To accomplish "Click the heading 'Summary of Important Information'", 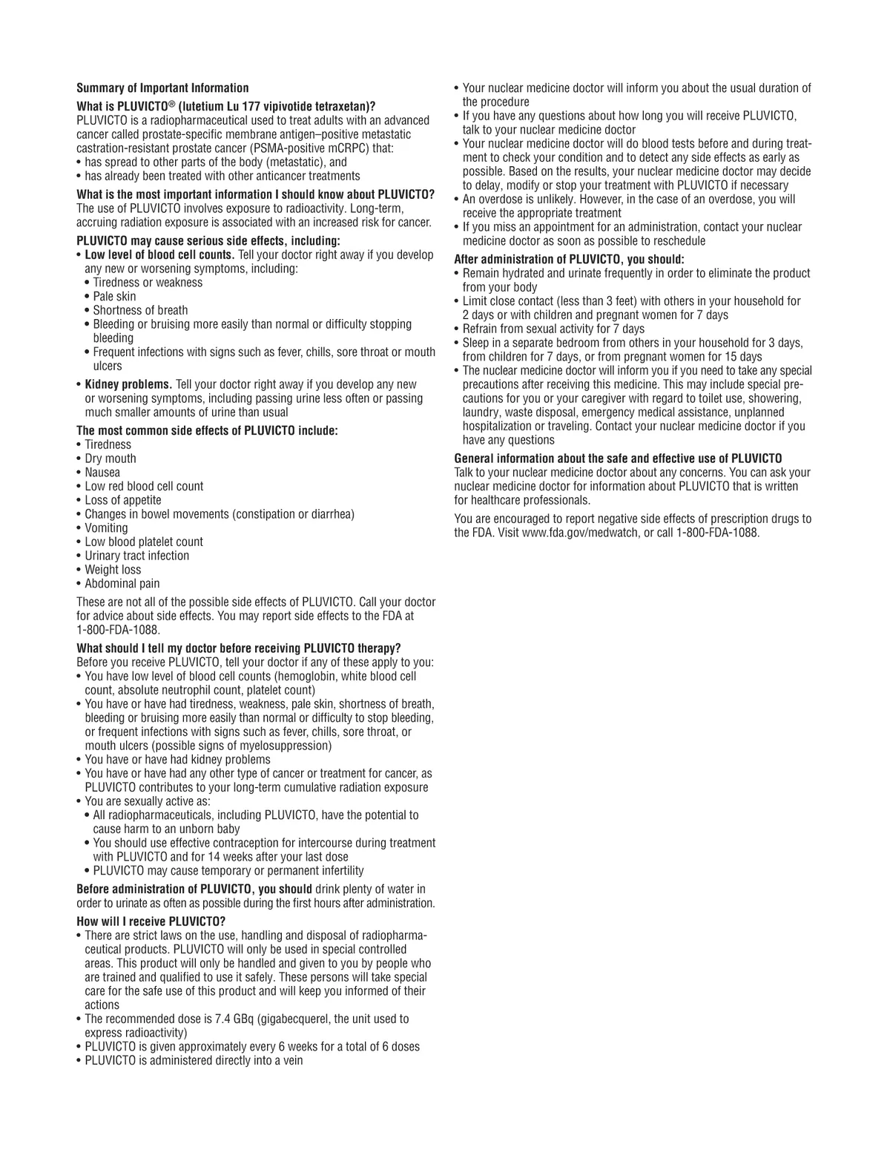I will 162,88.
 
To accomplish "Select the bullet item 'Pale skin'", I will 114,297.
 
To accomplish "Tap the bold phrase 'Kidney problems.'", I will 128,384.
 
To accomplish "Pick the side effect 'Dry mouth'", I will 111,458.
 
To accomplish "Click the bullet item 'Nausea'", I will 102,473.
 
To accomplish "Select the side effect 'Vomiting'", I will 106,528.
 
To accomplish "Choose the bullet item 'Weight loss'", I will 113,570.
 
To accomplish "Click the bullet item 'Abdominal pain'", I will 122,584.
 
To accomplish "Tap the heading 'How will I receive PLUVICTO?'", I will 151,922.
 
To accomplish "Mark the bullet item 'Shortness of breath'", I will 140,310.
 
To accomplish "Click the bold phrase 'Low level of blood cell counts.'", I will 159,255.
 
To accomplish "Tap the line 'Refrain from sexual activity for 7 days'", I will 553,329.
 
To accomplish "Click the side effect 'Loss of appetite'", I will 123,500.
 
